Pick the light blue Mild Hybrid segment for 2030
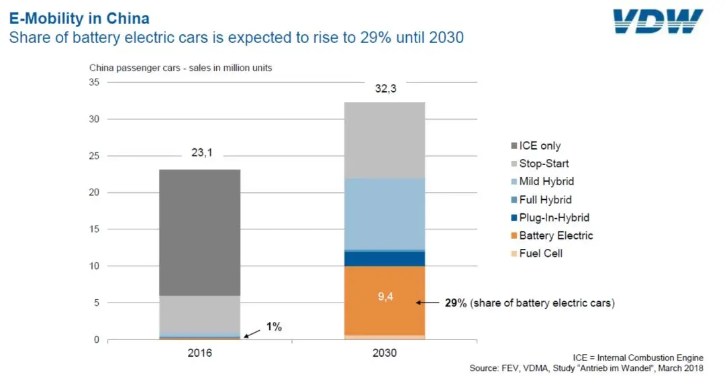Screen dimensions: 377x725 click(384, 213)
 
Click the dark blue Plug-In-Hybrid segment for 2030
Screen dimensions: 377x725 click(384, 258)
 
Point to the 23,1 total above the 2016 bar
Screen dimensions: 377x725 click(199, 153)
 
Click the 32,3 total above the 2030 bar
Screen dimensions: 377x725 click(384, 87)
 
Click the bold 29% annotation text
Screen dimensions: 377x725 click(456, 303)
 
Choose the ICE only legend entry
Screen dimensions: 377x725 click(540, 146)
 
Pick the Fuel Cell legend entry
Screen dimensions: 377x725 click(540, 254)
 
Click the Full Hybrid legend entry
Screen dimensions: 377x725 click(545, 200)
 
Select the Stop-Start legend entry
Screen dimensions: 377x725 click(544, 164)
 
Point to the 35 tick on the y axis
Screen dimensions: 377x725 click(94, 83)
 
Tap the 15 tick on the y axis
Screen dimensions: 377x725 click(94, 229)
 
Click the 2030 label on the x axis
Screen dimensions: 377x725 click(384, 353)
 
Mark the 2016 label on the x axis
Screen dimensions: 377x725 click(199, 353)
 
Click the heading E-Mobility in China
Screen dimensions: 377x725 click(79, 18)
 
